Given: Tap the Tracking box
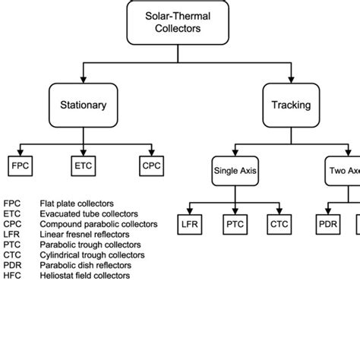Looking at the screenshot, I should (x=291, y=105).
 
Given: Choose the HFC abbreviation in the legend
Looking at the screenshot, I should (x=13, y=276).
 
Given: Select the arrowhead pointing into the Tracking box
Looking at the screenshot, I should (x=291, y=81).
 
